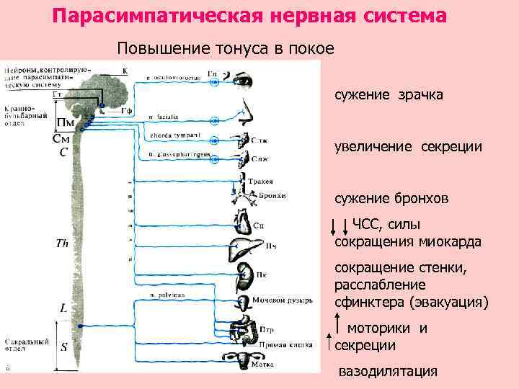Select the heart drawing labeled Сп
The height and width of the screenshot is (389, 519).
click(241, 219)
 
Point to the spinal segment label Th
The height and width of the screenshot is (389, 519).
click(63, 243)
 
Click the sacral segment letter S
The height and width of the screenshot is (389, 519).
click(64, 346)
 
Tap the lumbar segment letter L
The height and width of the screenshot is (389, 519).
click(63, 308)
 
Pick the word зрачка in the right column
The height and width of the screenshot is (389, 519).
click(422, 95)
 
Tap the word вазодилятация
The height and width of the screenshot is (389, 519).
click(389, 371)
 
